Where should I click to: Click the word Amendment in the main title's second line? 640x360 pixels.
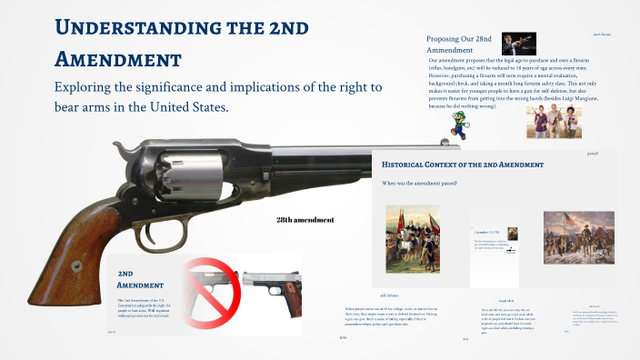tap(118, 60)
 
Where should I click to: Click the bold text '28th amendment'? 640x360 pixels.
tap(305, 219)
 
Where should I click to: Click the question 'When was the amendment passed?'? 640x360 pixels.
tap(419, 184)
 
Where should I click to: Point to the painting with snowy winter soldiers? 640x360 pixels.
tap(578, 237)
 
